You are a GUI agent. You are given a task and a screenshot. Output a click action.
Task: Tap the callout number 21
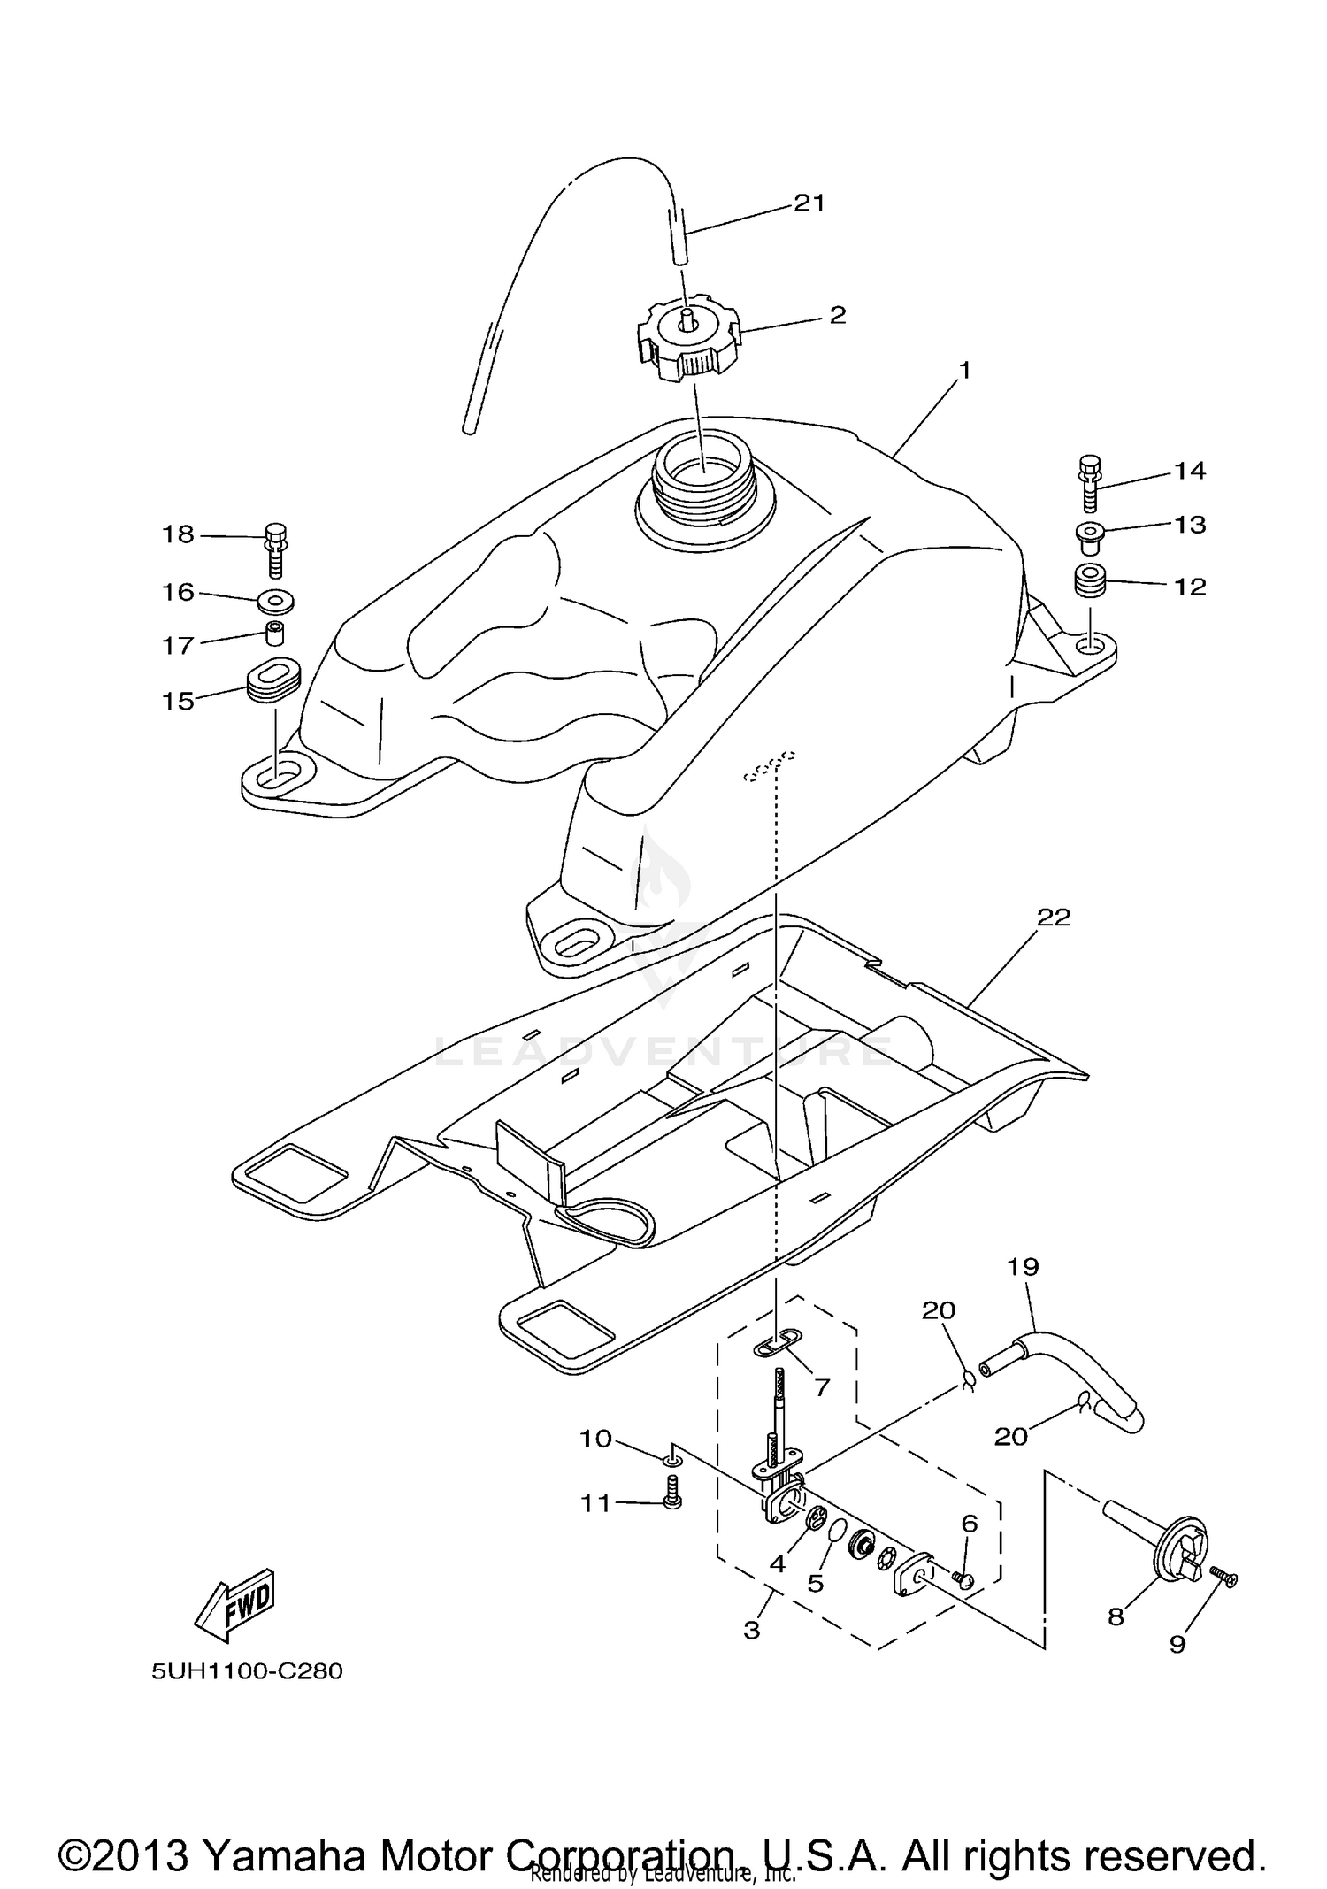pyautogui.click(x=809, y=203)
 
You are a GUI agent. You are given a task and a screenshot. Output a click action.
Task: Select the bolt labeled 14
pyautogui.click(x=1090, y=485)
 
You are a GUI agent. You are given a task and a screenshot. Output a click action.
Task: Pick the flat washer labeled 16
pyautogui.click(x=276, y=603)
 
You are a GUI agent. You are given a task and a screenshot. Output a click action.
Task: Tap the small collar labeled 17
pyautogui.click(x=276, y=634)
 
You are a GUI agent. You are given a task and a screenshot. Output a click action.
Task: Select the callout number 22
pyautogui.click(x=1053, y=918)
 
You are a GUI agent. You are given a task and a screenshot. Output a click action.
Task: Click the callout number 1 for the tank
pyautogui.click(x=964, y=370)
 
